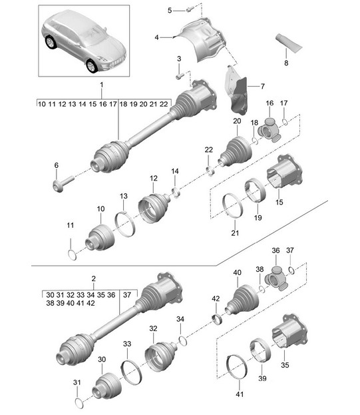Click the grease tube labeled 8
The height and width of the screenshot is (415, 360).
pos(288,43)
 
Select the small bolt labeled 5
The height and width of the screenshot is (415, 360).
pos(189,10)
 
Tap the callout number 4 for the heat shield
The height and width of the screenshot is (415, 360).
pos(156,37)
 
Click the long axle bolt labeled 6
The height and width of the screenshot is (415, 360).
pos(63,183)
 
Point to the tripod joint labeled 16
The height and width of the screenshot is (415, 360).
pos(270,130)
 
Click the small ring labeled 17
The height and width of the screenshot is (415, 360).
pos(285,122)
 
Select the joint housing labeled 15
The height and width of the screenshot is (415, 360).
pos(284,171)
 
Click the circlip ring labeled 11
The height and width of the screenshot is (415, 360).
pos(72,255)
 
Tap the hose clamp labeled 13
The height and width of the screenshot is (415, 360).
pos(124,224)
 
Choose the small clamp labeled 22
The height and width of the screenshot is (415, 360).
pos(210,171)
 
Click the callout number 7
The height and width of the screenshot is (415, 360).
pos(262,87)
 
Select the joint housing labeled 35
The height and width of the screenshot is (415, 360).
pos(289,332)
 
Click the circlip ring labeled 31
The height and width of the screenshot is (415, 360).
pos(79,403)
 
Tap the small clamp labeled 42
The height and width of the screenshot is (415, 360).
pos(218,319)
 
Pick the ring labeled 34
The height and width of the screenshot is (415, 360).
pos(182,341)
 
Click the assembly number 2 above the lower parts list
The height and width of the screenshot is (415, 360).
pos(94,278)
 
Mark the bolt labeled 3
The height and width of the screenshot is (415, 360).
pos(180,76)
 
